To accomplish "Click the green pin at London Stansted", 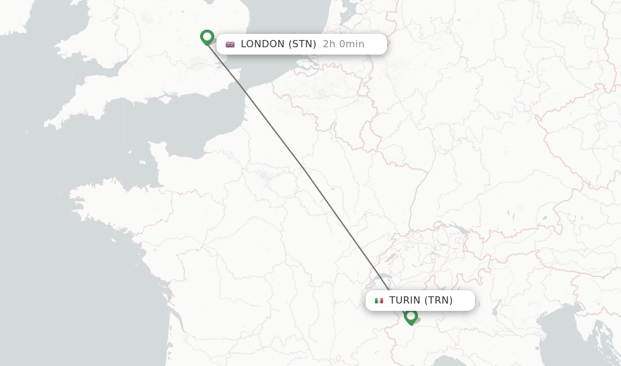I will click(x=207, y=38).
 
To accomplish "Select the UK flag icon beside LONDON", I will click(x=230, y=44).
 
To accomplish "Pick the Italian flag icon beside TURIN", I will click(x=379, y=301).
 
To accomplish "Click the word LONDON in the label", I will click(x=263, y=44).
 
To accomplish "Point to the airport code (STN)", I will click(x=302, y=44).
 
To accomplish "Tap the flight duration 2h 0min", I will click(x=343, y=44).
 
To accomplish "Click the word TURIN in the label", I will click(x=404, y=301).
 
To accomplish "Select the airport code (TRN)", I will click(x=438, y=301).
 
